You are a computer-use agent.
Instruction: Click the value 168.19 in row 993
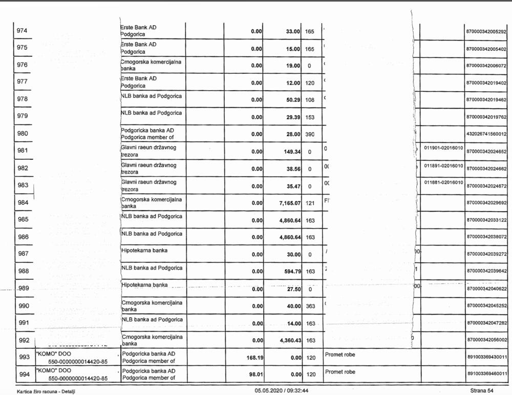(254, 358)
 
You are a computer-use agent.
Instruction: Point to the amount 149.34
(290, 152)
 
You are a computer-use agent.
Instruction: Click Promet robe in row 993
(340, 354)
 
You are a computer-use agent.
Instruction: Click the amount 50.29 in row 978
(291, 100)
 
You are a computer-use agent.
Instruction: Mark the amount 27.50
(291, 289)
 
